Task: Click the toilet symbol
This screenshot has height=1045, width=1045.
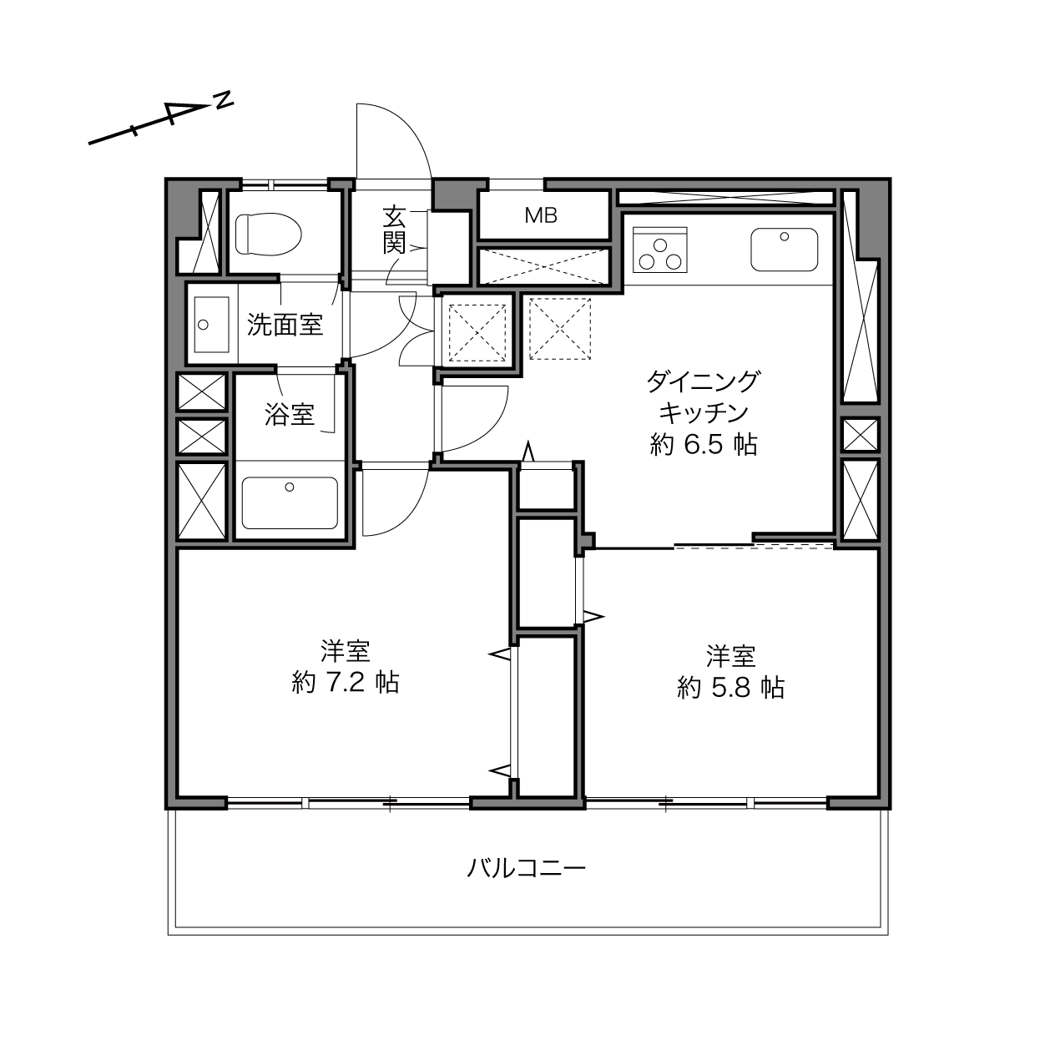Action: (x=269, y=234)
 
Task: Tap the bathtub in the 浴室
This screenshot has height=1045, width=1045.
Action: (x=290, y=502)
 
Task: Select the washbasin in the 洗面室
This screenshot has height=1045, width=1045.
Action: (x=211, y=325)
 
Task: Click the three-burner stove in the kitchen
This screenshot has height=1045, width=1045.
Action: (x=660, y=250)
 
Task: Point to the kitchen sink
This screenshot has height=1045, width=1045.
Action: (x=784, y=250)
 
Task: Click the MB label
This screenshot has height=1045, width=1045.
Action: (x=541, y=216)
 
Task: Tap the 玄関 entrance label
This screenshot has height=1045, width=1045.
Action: (x=394, y=230)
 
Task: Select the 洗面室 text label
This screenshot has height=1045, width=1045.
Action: (x=285, y=325)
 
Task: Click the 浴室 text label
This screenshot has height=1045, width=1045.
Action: (x=290, y=414)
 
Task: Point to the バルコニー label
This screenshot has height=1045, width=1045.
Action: (x=528, y=868)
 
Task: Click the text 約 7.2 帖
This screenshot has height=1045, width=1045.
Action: (x=346, y=682)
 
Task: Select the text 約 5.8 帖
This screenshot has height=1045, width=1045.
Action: (x=730, y=687)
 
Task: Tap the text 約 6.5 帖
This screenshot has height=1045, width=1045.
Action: (x=704, y=445)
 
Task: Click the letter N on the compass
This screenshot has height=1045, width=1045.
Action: (x=223, y=100)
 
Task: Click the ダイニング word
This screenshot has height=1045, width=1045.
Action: (x=704, y=381)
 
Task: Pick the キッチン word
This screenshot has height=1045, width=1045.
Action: (x=704, y=413)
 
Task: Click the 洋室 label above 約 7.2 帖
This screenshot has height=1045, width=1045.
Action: (x=346, y=650)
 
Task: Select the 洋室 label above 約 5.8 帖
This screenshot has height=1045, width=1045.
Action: (x=730, y=656)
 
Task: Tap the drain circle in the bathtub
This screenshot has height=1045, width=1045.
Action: (x=290, y=487)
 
